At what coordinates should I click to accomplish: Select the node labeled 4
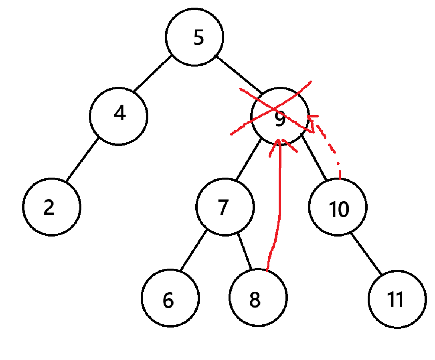119,115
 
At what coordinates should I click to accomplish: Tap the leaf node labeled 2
52,207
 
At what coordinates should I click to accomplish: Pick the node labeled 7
225,207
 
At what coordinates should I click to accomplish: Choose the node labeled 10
338,207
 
